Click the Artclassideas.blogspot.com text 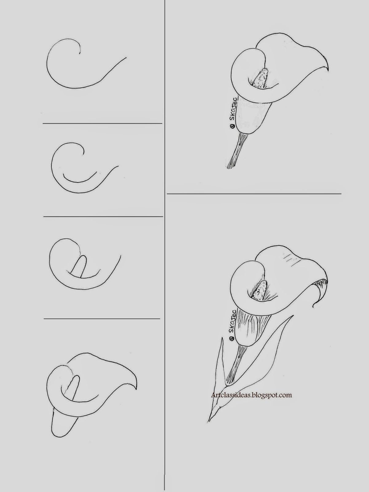pos(251,395)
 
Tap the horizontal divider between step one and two pos(102,124)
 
